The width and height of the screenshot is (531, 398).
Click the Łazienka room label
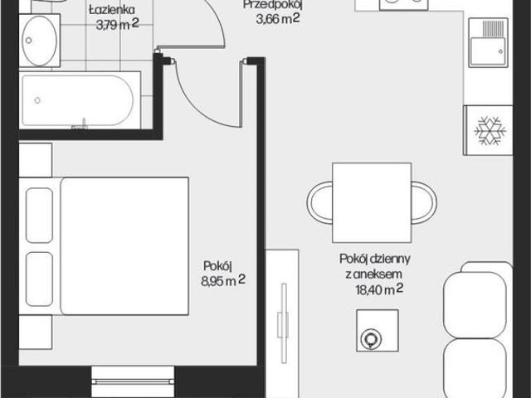pyautogui.click(x=112, y=10)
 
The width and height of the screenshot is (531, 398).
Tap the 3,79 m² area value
pyautogui.click(x=117, y=24)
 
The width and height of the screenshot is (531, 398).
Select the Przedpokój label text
pyautogui.click(x=272, y=5)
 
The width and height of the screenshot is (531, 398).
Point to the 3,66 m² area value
pyautogui.click(x=278, y=18)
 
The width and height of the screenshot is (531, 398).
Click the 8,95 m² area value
pyautogui.click(x=223, y=280)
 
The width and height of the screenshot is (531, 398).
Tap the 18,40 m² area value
pyautogui.click(x=379, y=289)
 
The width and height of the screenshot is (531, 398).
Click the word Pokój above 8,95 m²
pyautogui.click(x=217, y=266)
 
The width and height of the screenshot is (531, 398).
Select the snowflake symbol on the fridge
pyautogui.click(x=490, y=131)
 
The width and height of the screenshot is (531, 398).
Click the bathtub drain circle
pyautogui.click(x=37, y=100)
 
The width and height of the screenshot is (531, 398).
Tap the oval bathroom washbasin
pyautogui.click(x=39, y=41)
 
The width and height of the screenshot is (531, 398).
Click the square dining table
pyautogui.click(x=372, y=202)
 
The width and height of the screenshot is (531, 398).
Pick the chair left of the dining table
pyautogui.click(x=319, y=202)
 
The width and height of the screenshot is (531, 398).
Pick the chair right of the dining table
pyautogui.click(x=424, y=202)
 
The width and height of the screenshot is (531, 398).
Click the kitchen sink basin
pyautogui.click(x=488, y=51)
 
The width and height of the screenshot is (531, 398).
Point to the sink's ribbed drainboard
pyautogui.click(x=493, y=28)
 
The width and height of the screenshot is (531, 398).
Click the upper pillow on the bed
pyautogui.click(x=39, y=216)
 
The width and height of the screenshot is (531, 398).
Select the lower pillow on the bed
pyautogui.click(x=39, y=279)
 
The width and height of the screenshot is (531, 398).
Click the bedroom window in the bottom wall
pyautogui.click(x=133, y=381)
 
